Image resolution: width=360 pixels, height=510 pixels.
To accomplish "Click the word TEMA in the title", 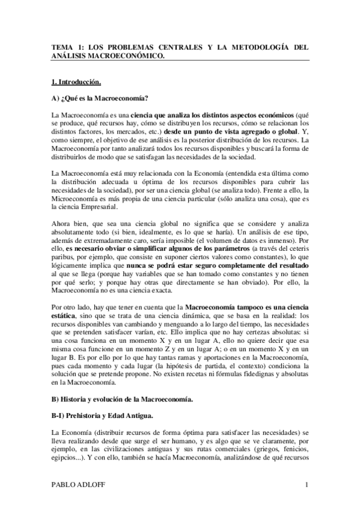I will click(61, 46).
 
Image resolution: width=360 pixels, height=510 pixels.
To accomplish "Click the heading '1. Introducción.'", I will click(75, 80).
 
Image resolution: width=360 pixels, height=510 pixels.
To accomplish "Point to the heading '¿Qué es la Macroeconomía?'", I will click(106, 97).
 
